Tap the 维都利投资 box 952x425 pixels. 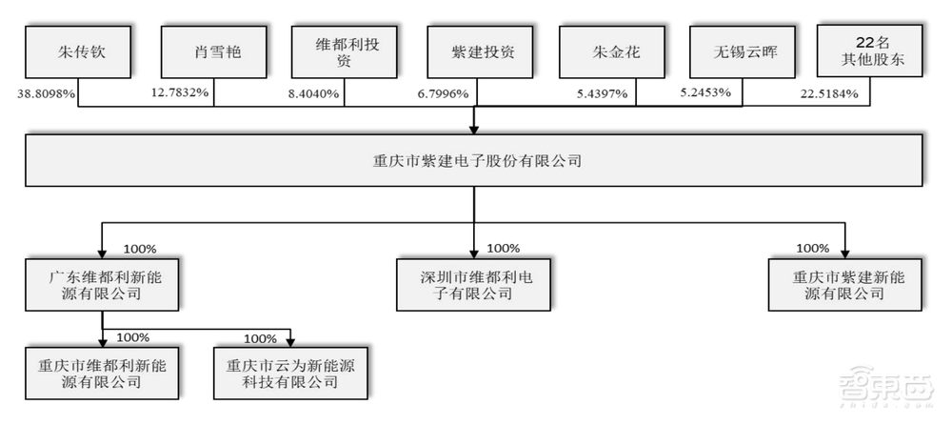344,51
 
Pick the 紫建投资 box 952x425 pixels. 475,51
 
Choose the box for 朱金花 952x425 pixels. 608,51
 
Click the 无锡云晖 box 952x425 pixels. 742,51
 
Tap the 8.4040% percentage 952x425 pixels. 315,94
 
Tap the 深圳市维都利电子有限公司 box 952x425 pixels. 473,284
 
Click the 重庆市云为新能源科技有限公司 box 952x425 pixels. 288,373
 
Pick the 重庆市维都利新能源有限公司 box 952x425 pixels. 101,373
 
